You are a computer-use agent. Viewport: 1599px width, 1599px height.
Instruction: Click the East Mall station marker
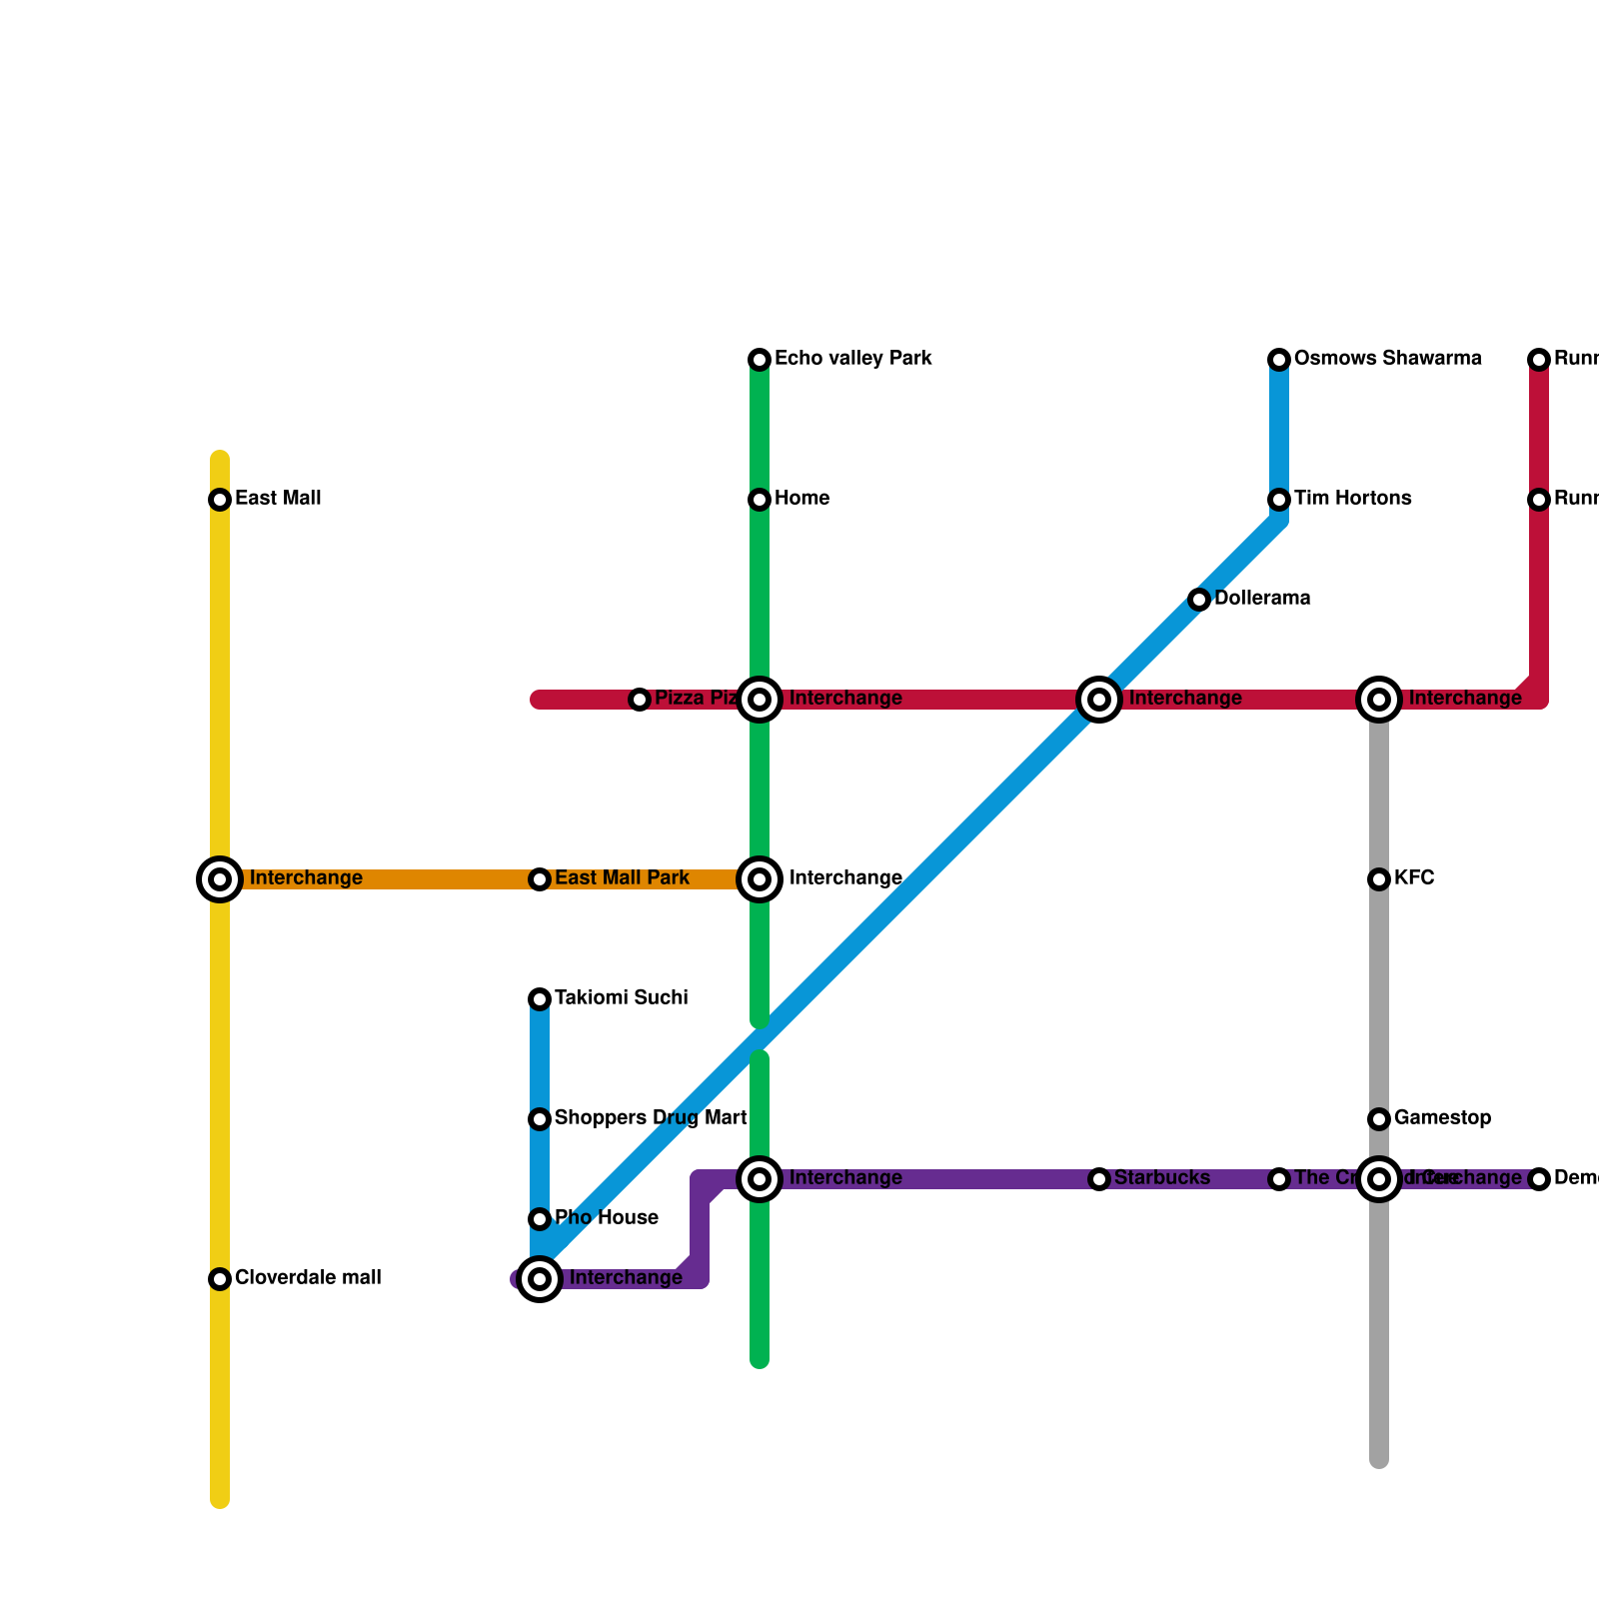point(220,500)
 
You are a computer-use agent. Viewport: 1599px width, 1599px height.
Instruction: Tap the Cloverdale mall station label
point(308,1278)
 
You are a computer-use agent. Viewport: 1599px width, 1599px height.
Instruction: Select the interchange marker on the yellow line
point(220,879)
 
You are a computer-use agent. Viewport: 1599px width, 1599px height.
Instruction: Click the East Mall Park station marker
point(540,879)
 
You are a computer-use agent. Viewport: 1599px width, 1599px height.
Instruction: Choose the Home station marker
point(760,500)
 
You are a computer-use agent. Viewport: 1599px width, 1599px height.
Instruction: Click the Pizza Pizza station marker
point(640,700)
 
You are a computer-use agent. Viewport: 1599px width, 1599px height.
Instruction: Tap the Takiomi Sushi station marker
point(540,999)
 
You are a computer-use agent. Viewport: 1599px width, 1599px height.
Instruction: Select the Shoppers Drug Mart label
point(651,1118)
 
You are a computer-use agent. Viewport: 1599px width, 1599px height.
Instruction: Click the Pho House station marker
point(540,1219)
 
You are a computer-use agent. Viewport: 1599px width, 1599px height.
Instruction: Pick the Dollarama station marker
point(1199,600)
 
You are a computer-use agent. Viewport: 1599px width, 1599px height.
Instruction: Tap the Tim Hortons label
point(1352,499)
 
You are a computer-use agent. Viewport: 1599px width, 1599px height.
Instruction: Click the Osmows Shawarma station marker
point(1279,360)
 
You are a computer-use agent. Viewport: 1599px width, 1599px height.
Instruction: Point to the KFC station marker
point(1379,879)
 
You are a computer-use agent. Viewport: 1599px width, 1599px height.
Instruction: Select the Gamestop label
point(1442,1118)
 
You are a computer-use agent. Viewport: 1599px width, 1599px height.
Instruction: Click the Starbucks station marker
point(1099,1179)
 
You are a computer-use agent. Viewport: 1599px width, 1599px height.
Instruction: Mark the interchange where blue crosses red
point(1099,700)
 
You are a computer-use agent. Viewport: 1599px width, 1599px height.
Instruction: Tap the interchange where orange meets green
point(760,879)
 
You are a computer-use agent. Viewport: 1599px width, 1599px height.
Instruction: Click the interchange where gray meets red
point(1379,700)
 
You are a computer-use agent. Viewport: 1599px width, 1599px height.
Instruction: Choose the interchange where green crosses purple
point(760,1179)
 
